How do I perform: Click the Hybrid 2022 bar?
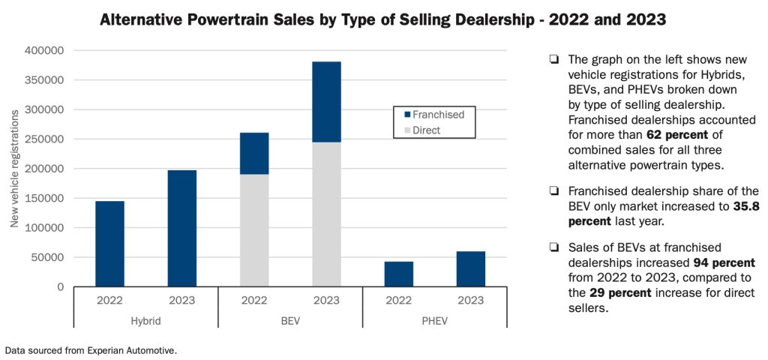[x=109, y=244]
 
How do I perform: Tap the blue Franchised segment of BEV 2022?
[x=254, y=154]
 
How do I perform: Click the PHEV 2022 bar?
[x=398, y=274]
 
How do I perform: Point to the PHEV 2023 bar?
[x=470, y=268]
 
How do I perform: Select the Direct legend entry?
[x=425, y=130]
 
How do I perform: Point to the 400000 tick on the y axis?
[x=45, y=51]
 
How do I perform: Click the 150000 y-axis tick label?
[x=45, y=199]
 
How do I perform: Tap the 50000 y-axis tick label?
[x=49, y=257]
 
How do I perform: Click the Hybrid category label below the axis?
[x=145, y=320]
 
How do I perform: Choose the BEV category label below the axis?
[x=290, y=320]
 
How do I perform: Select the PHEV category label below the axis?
[x=434, y=320]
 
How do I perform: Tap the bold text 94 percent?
[x=721, y=263]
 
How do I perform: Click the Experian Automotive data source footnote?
[x=91, y=350]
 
